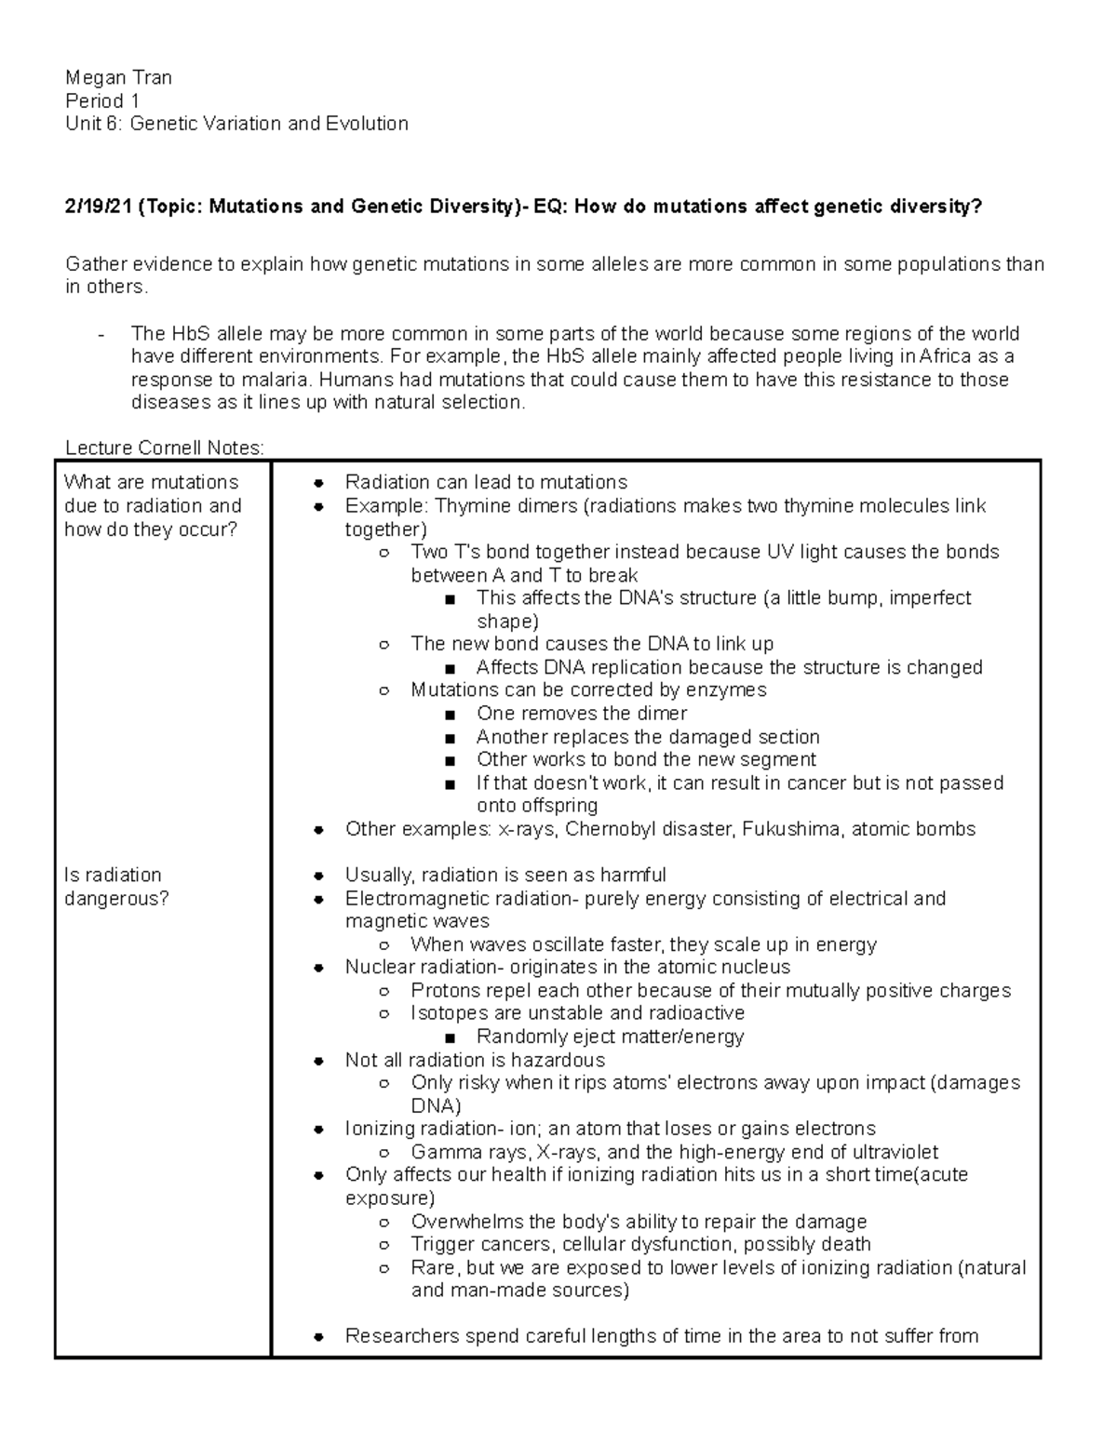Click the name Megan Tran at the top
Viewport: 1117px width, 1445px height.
pyautogui.click(x=118, y=78)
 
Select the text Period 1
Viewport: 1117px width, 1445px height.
pyautogui.click(x=102, y=101)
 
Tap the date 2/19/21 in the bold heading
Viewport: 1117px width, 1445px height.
pyautogui.click(x=98, y=207)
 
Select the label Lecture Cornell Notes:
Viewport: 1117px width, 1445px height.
pyautogui.click(x=165, y=448)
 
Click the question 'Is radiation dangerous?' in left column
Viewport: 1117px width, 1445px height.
pyautogui.click(x=116, y=887)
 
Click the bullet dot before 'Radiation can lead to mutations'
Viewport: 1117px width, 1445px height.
pyautogui.click(x=318, y=483)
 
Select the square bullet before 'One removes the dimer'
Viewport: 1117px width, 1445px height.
pyautogui.click(x=451, y=715)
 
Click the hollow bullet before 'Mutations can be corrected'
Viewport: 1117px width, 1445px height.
pyautogui.click(x=384, y=691)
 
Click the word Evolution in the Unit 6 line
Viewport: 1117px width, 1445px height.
pyautogui.click(x=366, y=124)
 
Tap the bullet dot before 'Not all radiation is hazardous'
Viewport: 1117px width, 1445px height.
pyautogui.click(x=318, y=1061)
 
